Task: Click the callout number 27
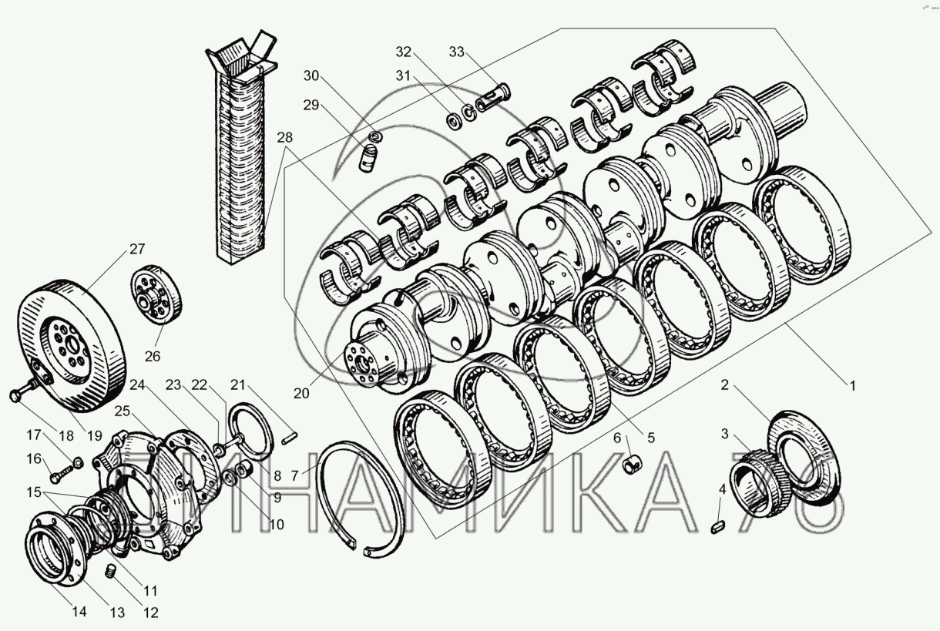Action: [137, 249]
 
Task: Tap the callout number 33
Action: [457, 52]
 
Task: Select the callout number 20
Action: [301, 393]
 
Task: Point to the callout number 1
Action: [852, 385]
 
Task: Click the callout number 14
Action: [79, 612]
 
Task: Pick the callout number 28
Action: [285, 138]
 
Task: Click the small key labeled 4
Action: [719, 527]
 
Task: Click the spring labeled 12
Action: [109, 572]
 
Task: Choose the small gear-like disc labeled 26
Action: [156, 294]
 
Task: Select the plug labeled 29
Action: [368, 157]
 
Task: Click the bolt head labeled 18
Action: [15, 395]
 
